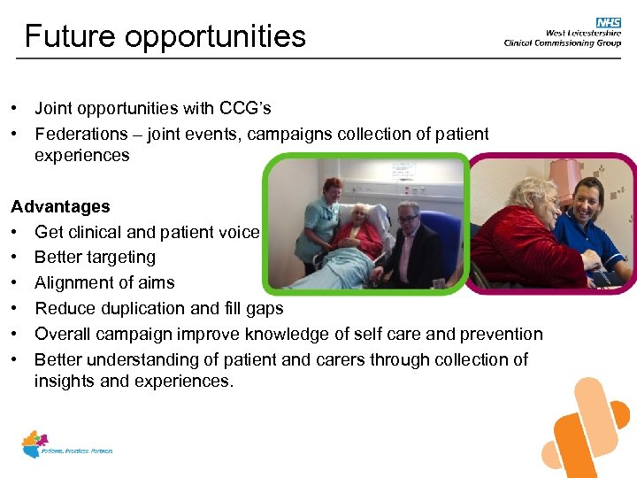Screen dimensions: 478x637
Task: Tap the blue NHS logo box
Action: (x=609, y=22)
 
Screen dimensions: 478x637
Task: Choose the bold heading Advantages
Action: (x=60, y=206)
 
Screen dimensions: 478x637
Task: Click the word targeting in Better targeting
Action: (x=123, y=258)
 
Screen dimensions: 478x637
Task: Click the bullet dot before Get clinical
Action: (x=16, y=233)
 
